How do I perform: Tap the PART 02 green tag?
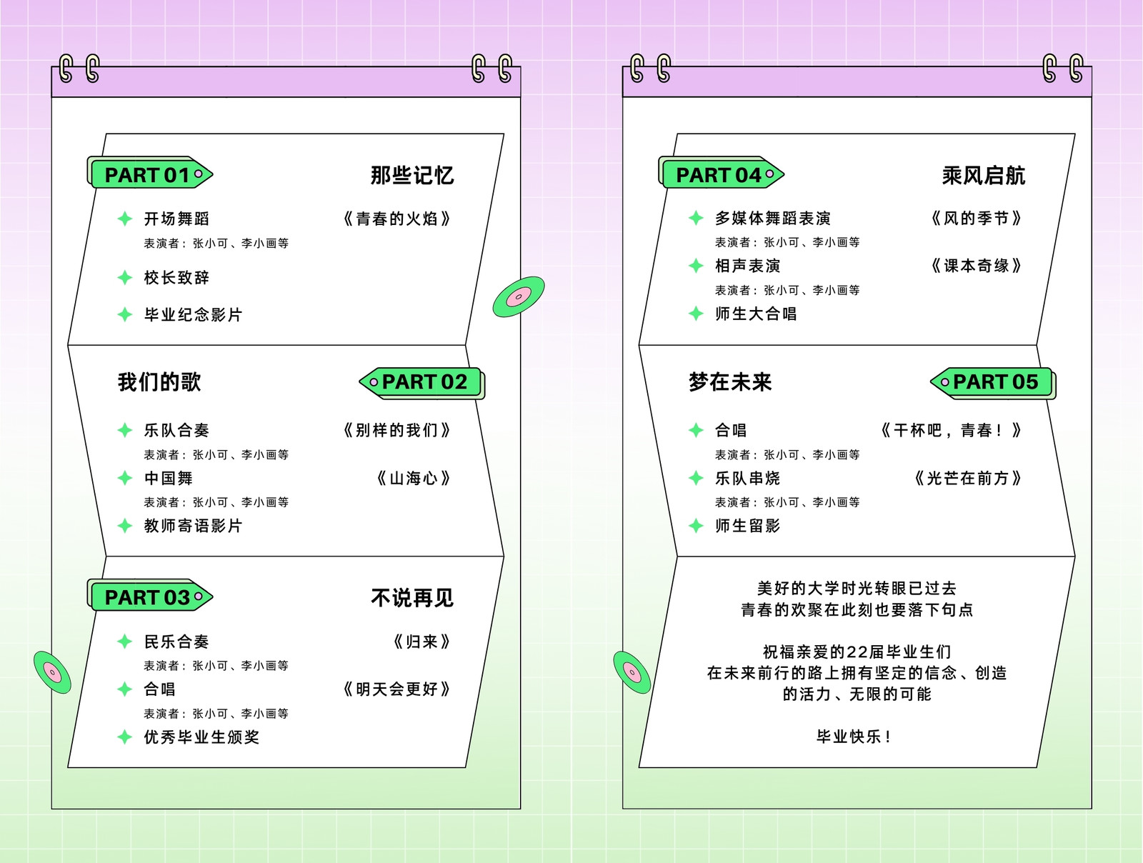422,383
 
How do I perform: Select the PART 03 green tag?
150,595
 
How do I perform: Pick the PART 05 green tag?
993,383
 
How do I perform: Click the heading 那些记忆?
412,176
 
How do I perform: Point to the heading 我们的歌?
159,382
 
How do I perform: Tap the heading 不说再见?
412,597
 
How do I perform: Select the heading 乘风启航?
984,176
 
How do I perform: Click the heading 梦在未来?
730,382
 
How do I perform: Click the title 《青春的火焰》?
396,219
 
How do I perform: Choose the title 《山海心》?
414,478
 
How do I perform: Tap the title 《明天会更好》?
396,689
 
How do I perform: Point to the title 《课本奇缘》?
977,266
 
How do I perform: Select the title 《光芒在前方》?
968,478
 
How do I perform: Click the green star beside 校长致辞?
125,277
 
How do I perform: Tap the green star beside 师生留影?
697,526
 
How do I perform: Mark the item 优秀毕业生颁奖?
201,737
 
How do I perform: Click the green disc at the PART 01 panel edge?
519,296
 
